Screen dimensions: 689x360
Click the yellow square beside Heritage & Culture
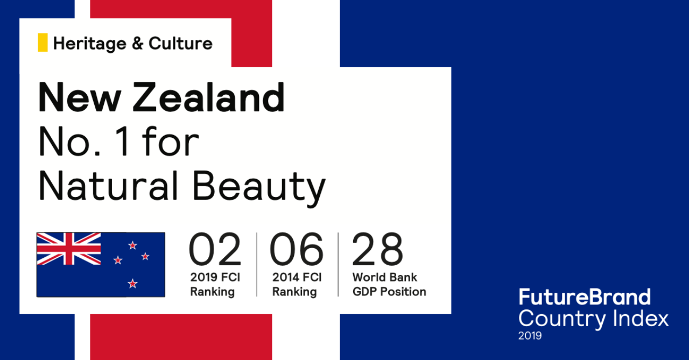click(43, 43)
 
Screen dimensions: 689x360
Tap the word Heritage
click(89, 44)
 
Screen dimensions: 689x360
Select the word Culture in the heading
click(180, 43)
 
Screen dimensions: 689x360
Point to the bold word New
click(79, 97)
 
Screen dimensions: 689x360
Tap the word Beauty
click(259, 188)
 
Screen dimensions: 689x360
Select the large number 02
click(215, 249)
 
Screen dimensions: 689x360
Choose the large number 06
click(297, 249)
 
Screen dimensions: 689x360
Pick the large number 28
click(377, 249)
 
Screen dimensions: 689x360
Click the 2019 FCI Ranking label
click(215, 284)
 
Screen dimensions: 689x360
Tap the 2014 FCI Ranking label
click(297, 284)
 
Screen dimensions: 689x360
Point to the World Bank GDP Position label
click(389, 284)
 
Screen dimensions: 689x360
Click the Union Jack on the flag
click(68, 249)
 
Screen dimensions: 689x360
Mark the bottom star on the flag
click(132, 284)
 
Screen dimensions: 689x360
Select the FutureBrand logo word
click(585, 297)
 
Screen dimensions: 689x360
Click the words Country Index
click(593, 319)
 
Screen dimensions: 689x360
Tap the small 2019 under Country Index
click(530, 336)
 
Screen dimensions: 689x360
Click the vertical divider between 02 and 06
click(257, 265)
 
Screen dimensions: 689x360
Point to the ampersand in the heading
click(137, 44)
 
